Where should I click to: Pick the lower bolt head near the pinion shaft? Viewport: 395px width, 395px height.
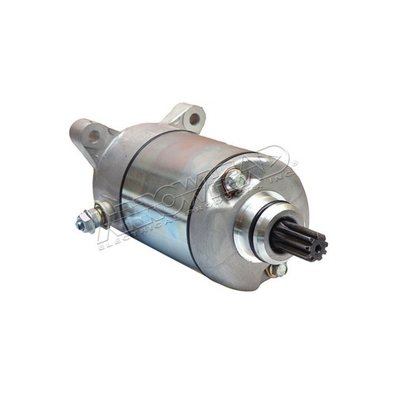click(x=278, y=271)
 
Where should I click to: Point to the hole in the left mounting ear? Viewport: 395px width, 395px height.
click(x=94, y=136)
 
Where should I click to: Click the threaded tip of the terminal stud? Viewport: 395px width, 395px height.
click(x=80, y=224)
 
